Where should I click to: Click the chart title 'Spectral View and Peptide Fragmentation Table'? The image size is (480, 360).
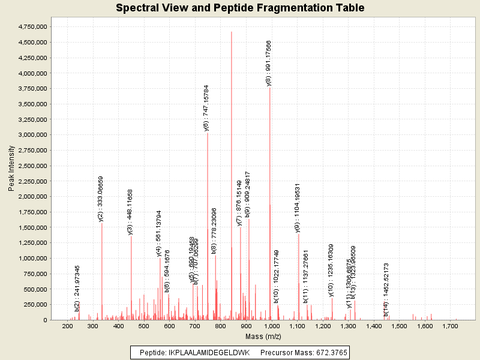click(x=240, y=8)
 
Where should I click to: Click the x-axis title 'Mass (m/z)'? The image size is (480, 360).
click(x=264, y=337)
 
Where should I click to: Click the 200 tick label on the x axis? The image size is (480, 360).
click(x=68, y=326)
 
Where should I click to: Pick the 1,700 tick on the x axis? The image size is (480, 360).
click(x=449, y=326)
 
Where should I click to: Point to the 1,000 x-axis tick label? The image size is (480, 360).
click(x=272, y=326)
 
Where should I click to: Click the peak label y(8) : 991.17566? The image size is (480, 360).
click(x=269, y=63)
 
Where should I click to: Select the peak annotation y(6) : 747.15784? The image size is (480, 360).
click(x=206, y=107)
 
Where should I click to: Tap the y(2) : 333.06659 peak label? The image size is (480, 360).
click(x=101, y=199)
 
